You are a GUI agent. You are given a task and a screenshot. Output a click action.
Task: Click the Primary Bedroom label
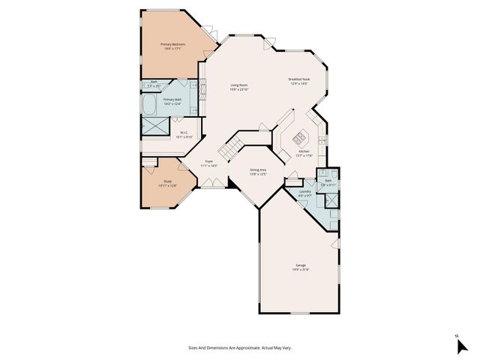click(x=173, y=45)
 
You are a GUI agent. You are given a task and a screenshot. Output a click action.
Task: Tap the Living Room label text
click(x=239, y=85)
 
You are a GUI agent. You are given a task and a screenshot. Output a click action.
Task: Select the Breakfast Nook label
click(x=299, y=79)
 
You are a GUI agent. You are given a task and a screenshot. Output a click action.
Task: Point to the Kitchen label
click(x=303, y=151)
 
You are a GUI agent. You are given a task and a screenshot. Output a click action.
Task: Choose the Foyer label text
click(x=210, y=160)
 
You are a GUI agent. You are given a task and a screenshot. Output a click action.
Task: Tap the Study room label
click(x=167, y=181)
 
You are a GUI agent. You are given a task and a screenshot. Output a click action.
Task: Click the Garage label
click(x=300, y=265)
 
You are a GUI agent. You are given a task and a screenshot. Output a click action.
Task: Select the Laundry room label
click(x=304, y=191)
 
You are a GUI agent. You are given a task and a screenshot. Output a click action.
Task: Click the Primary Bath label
click(x=172, y=99)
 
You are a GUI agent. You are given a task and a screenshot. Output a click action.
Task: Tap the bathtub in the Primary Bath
click(x=151, y=103)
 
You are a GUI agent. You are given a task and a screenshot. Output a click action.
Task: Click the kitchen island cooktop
click(x=298, y=136)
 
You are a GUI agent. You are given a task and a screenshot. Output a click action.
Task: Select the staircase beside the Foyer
click(x=238, y=142)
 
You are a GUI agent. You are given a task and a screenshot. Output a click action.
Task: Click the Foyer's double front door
click(x=212, y=182)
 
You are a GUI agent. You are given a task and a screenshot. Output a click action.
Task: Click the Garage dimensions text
click(x=300, y=270)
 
